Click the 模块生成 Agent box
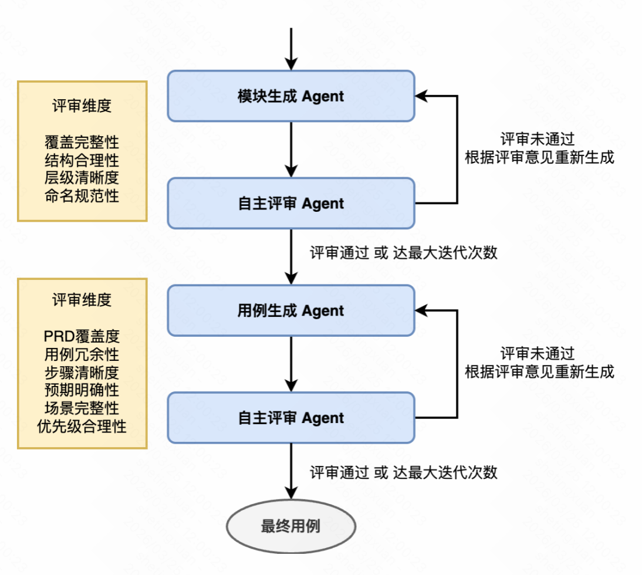click(x=291, y=96)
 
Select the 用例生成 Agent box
click(x=291, y=310)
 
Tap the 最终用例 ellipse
click(x=291, y=526)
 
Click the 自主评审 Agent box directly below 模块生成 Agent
click(x=291, y=204)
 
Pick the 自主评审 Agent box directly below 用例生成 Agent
click(x=291, y=418)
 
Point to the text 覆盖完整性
click(x=82, y=143)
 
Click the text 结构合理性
click(x=82, y=160)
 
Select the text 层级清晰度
click(x=82, y=178)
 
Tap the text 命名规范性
click(x=82, y=195)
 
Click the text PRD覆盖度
click(x=82, y=336)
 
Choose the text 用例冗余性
click(x=82, y=354)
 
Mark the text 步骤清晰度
click(x=82, y=372)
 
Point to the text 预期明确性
click(x=82, y=390)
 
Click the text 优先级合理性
click(x=82, y=425)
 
